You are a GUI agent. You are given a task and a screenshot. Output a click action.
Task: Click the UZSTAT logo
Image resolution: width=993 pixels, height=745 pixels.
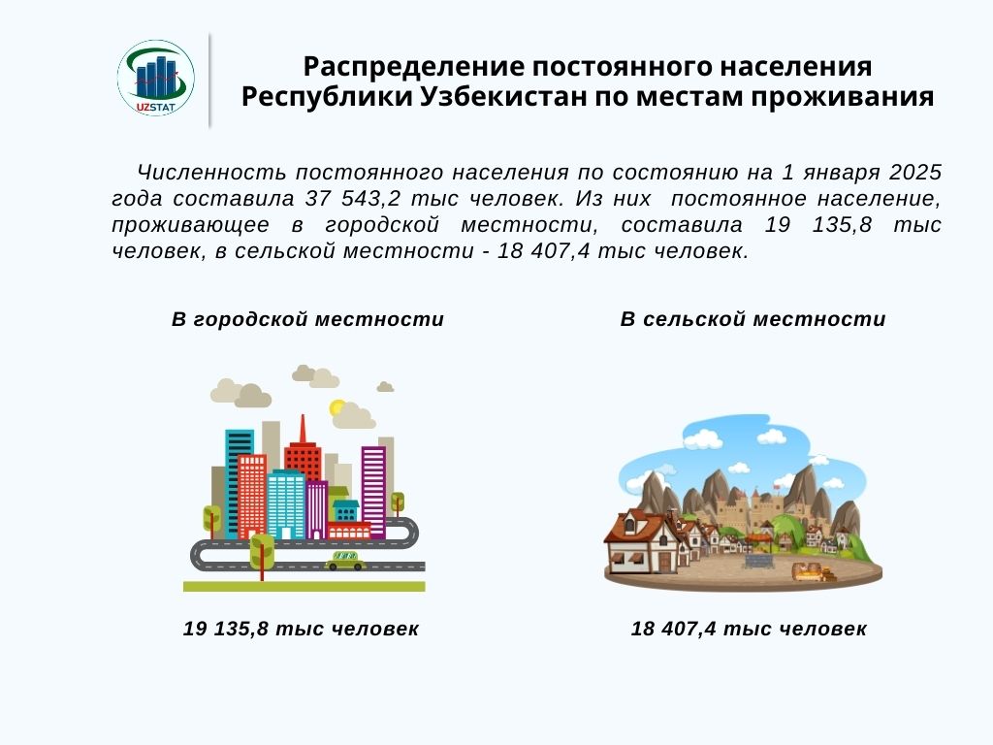click(x=156, y=79)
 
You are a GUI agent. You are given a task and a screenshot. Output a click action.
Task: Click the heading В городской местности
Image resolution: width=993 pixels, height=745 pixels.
click(x=307, y=319)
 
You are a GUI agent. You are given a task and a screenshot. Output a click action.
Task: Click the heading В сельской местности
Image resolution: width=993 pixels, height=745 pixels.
click(x=753, y=319)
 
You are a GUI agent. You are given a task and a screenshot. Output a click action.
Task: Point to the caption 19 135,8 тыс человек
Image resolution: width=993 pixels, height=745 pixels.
click(x=301, y=629)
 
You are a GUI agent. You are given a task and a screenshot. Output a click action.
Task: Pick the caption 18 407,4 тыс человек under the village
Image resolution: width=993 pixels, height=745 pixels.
click(x=749, y=629)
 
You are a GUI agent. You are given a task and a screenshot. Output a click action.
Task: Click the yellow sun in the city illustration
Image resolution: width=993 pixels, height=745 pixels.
click(x=337, y=408)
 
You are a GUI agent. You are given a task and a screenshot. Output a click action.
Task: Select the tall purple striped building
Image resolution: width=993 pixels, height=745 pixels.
click(x=373, y=490)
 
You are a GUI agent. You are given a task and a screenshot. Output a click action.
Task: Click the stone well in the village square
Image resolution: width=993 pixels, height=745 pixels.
click(x=756, y=560)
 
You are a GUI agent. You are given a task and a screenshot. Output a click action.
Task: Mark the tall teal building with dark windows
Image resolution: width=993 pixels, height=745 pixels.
click(x=239, y=480)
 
